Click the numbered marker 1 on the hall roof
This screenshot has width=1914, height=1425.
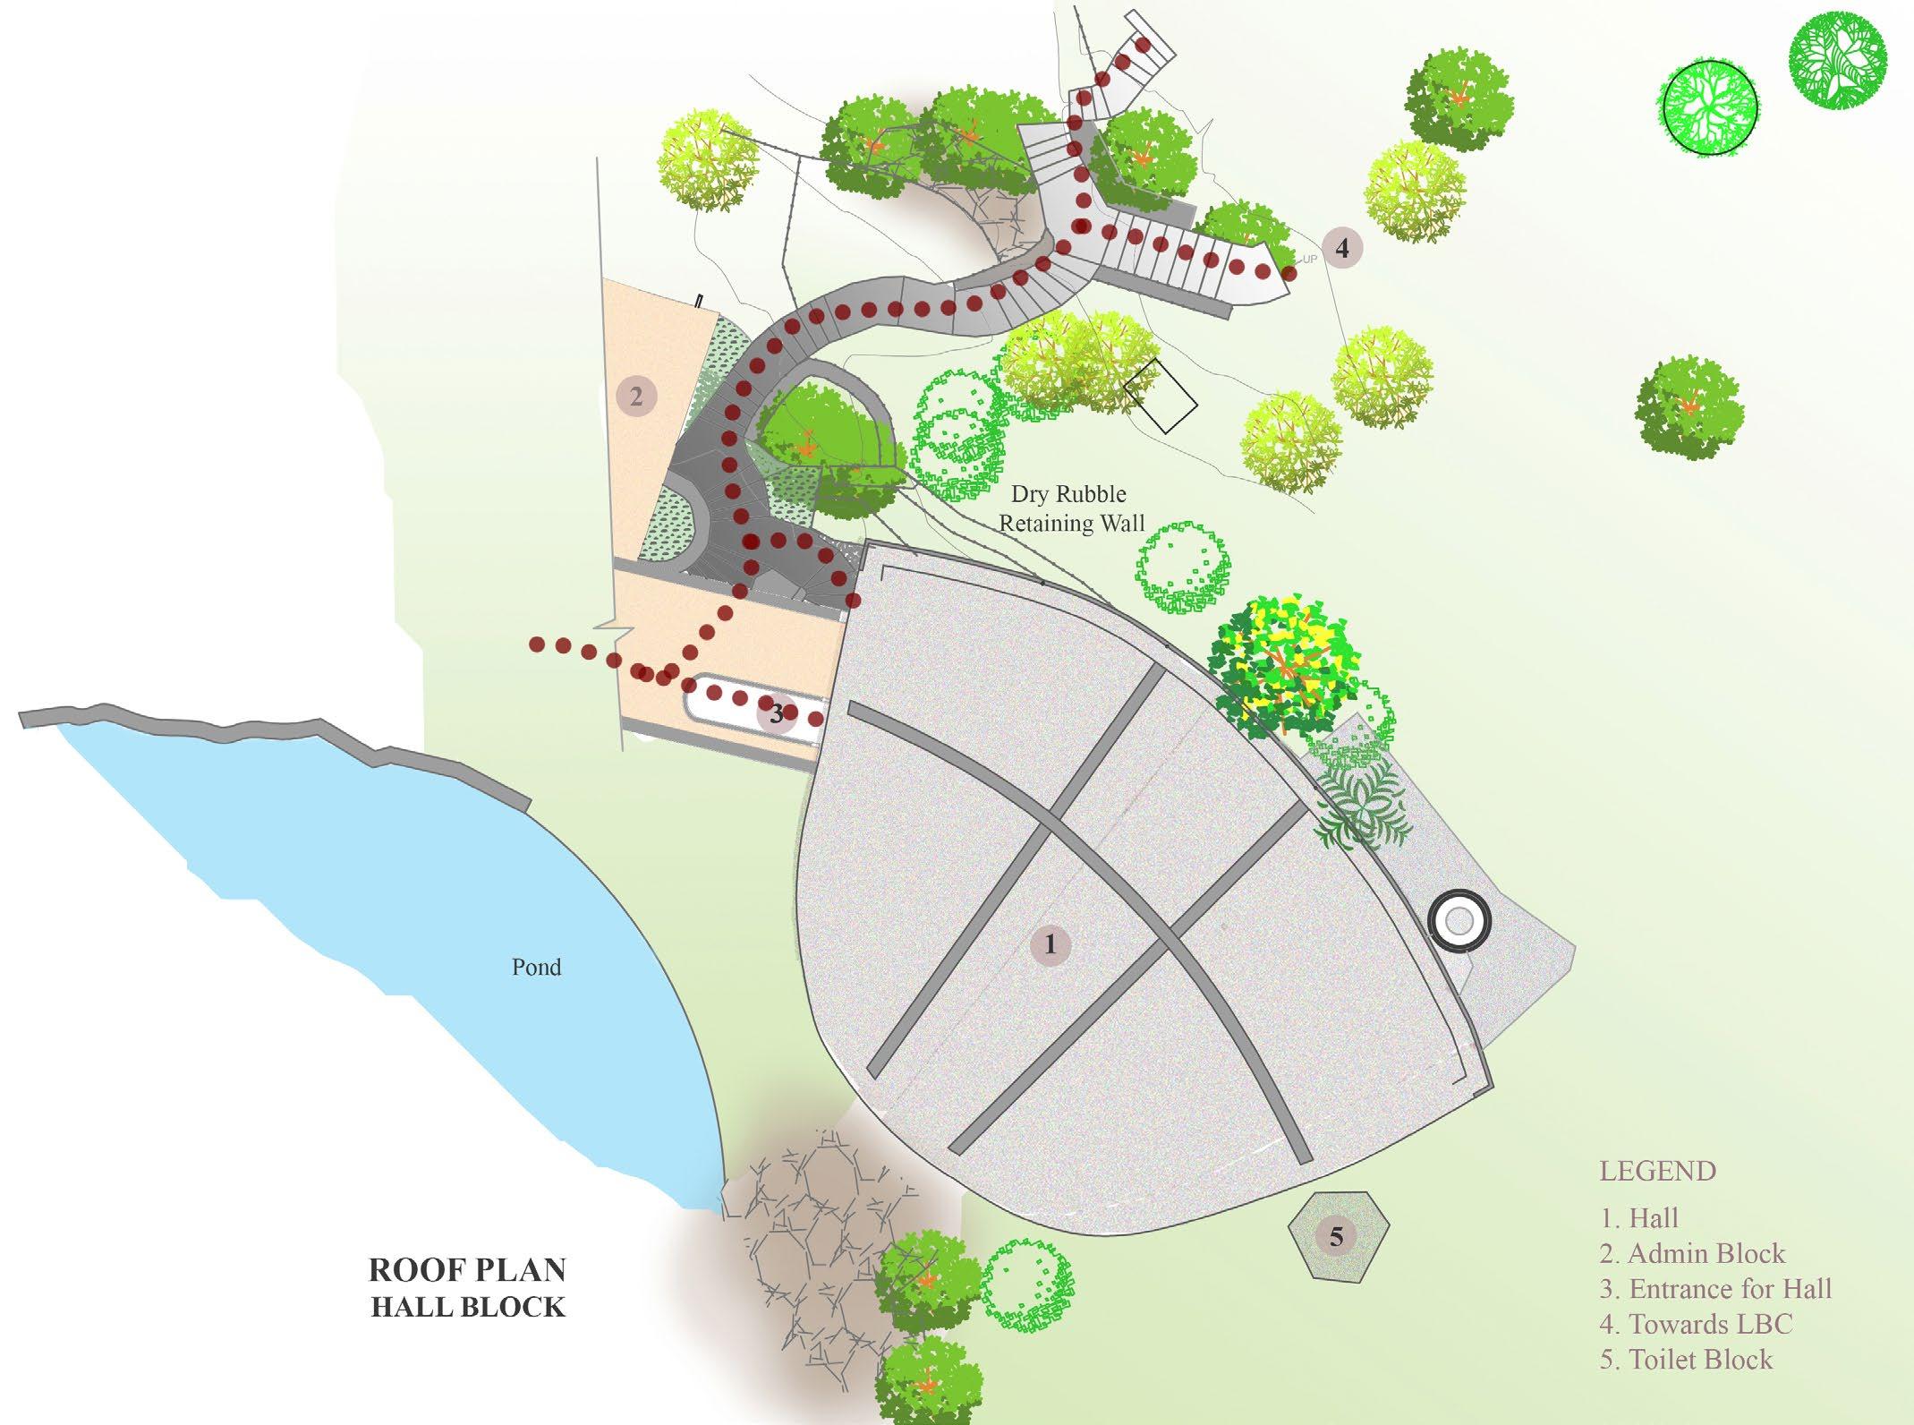(1050, 944)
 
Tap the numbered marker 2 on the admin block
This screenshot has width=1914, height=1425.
(636, 396)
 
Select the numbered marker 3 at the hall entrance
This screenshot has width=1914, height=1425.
(777, 713)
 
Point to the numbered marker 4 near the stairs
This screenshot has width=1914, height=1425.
(1341, 247)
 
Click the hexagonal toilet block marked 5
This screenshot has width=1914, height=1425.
(1337, 1237)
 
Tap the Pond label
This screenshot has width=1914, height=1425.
(536, 967)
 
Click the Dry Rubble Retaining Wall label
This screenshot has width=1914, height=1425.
(1070, 508)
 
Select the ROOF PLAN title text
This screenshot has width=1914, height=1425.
(467, 1269)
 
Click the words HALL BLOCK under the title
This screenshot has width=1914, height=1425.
(468, 1307)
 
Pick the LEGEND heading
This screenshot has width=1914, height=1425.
(1657, 1171)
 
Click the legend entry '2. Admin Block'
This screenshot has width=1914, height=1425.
(1692, 1253)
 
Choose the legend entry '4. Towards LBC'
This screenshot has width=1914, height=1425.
(1696, 1324)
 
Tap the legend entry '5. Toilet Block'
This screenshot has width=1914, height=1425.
(1686, 1360)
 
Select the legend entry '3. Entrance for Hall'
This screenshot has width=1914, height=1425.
(1715, 1289)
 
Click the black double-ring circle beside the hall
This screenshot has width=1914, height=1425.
(1459, 920)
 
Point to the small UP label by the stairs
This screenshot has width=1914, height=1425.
(1310, 260)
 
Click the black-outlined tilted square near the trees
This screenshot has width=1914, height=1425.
(1161, 396)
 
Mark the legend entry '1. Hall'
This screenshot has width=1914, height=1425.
(1639, 1217)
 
